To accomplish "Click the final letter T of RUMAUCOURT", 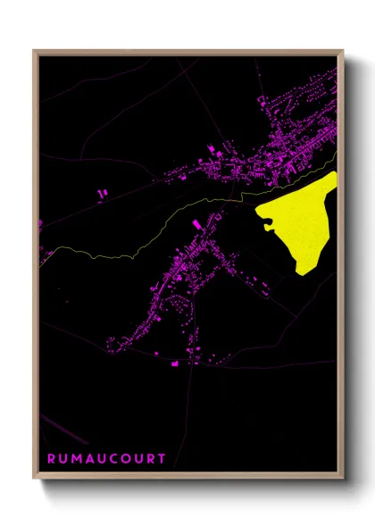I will [x=162, y=459].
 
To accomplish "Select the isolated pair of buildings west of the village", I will [x=101, y=192].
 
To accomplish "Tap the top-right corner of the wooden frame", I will [x=343, y=51].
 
